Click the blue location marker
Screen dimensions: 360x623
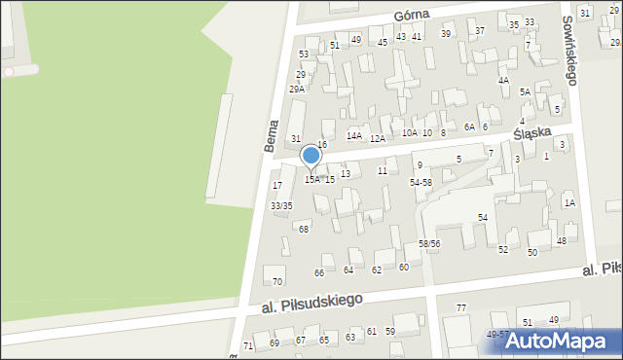(311, 156)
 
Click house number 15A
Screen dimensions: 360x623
(312, 179)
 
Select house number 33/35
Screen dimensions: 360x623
(281, 205)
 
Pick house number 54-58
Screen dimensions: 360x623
(421, 182)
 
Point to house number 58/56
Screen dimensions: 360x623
(429, 243)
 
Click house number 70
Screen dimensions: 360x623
(277, 281)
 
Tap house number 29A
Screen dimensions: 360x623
(296, 89)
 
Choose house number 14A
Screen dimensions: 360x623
(354, 135)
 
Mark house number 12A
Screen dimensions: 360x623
(377, 138)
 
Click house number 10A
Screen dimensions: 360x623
(409, 132)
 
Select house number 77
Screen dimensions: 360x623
(461, 307)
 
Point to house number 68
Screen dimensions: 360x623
(304, 229)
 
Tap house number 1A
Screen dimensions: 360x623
(569, 202)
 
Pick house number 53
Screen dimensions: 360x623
(304, 54)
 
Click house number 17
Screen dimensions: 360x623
(277, 185)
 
